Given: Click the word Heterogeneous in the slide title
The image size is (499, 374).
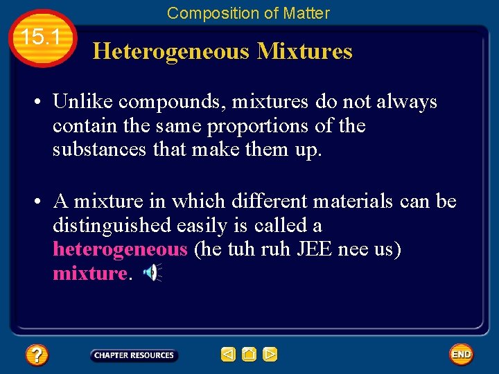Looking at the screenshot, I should coord(171,51).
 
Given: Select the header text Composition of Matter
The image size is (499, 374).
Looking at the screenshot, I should coord(248,13).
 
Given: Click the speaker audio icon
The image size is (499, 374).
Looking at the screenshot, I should coord(152,274).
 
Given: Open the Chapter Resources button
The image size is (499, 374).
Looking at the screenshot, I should coord(134,355).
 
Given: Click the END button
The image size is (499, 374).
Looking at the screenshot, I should coord(461,355).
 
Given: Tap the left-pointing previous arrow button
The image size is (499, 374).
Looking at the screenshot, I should coord(228,355).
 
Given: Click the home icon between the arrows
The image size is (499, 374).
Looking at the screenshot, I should coord(249,355).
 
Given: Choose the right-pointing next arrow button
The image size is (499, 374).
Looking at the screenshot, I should coord(270,355).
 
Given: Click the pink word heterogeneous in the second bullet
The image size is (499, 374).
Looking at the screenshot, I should coord(120,249).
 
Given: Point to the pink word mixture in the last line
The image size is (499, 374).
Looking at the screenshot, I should coord(89,274).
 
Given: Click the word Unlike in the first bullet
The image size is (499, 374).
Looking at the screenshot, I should coord(83,102).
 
